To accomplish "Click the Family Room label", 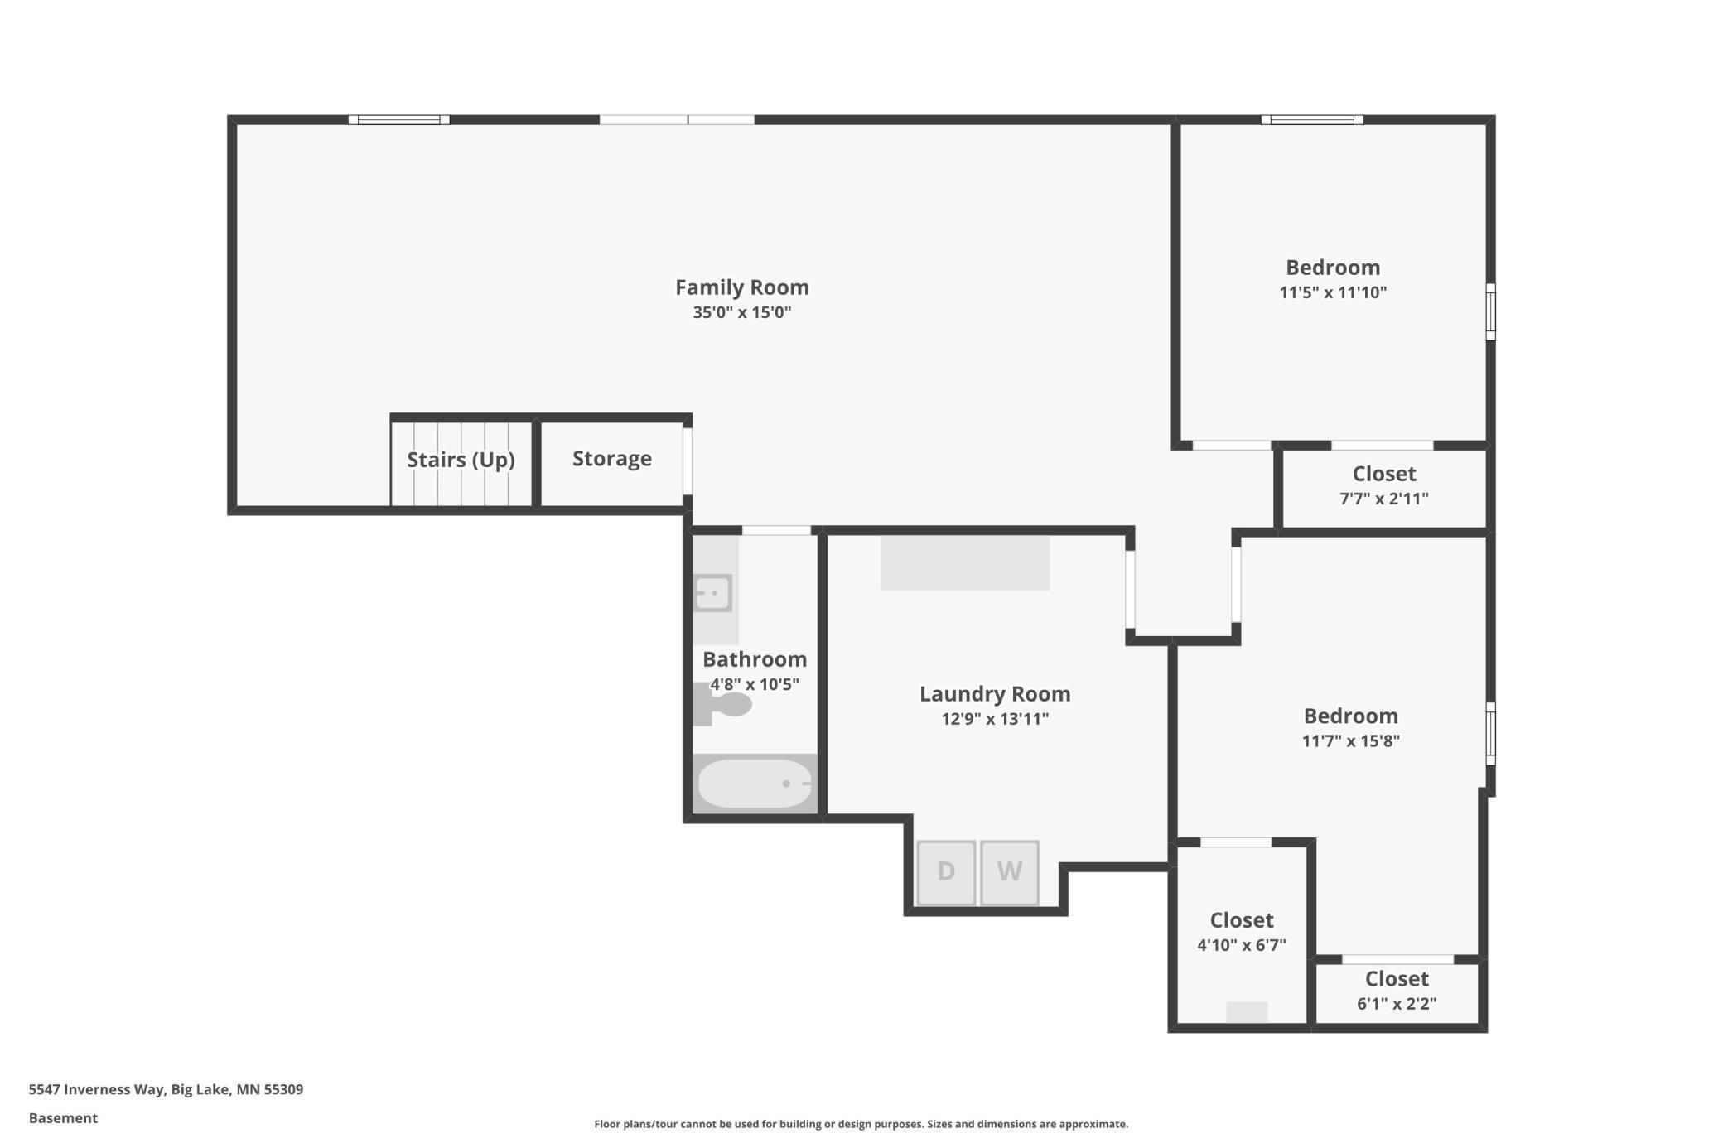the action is [x=741, y=287].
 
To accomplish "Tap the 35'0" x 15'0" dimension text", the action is [x=741, y=312].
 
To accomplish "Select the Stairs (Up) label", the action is [x=461, y=460].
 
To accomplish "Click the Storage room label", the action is [x=612, y=459].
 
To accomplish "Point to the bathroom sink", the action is [x=712, y=593].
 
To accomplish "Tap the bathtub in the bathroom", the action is [x=755, y=783].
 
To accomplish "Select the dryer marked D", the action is [x=946, y=872].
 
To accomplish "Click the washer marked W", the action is [x=1009, y=872].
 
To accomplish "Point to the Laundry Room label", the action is [x=995, y=694].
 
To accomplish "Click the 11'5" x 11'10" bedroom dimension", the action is [x=1332, y=292].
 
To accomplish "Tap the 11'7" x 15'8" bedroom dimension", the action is [x=1350, y=741].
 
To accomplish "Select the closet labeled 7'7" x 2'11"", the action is [x=1383, y=486].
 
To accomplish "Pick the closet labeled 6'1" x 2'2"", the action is [x=1397, y=991].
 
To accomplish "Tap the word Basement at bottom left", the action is [x=63, y=1118].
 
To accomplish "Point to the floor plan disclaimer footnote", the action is [x=861, y=1124].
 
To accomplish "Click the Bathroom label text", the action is [x=754, y=659].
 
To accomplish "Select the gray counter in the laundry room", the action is [x=965, y=563].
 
